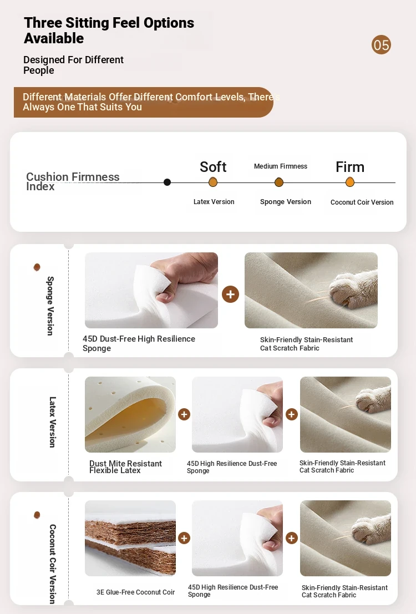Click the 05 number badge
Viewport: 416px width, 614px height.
coord(381,44)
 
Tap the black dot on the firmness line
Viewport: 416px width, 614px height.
coord(168,182)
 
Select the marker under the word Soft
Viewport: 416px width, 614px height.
coord(213,182)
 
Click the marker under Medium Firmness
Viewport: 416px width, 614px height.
coord(279,182)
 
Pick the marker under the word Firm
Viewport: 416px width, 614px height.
coord(350,182)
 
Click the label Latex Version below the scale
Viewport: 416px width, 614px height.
coord(214,202)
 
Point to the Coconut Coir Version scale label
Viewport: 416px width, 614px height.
coord(362,202)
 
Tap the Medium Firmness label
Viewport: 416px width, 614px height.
coord(281,166)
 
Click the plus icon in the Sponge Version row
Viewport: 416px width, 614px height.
coord(230,294)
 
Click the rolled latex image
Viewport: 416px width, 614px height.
coord(130,414)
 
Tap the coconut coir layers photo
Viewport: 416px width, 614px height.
coord(130,538)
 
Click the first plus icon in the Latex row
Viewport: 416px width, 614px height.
coord(184,414)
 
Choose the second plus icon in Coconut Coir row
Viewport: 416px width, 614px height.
coord(291,538)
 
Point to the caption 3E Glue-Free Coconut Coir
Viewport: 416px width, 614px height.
coord(135,592)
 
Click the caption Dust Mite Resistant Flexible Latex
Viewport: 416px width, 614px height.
coord(125,467)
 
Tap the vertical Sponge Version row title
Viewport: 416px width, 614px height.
coord(50,306)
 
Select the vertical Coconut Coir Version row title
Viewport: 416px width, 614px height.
coord(53,564)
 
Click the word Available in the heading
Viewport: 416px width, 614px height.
coord(54,38)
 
